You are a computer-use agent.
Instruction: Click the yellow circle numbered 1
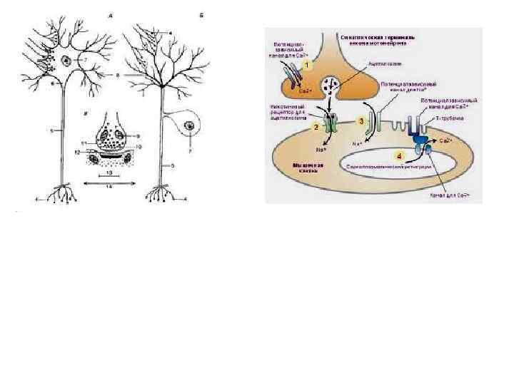pyautogui.click(x=308, y=65)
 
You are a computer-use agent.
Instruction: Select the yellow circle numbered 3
pyautogui.click(x=362, y=121)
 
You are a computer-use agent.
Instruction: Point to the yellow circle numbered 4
pyautogui.click(x=400, y=154)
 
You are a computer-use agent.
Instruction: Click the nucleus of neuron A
pyautogui.click(x=66, y=61)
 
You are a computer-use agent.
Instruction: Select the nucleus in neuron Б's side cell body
pyautogui.click(x=190, y=128)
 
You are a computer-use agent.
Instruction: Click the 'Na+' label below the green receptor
pyautogui.click(x=319, y=150)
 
